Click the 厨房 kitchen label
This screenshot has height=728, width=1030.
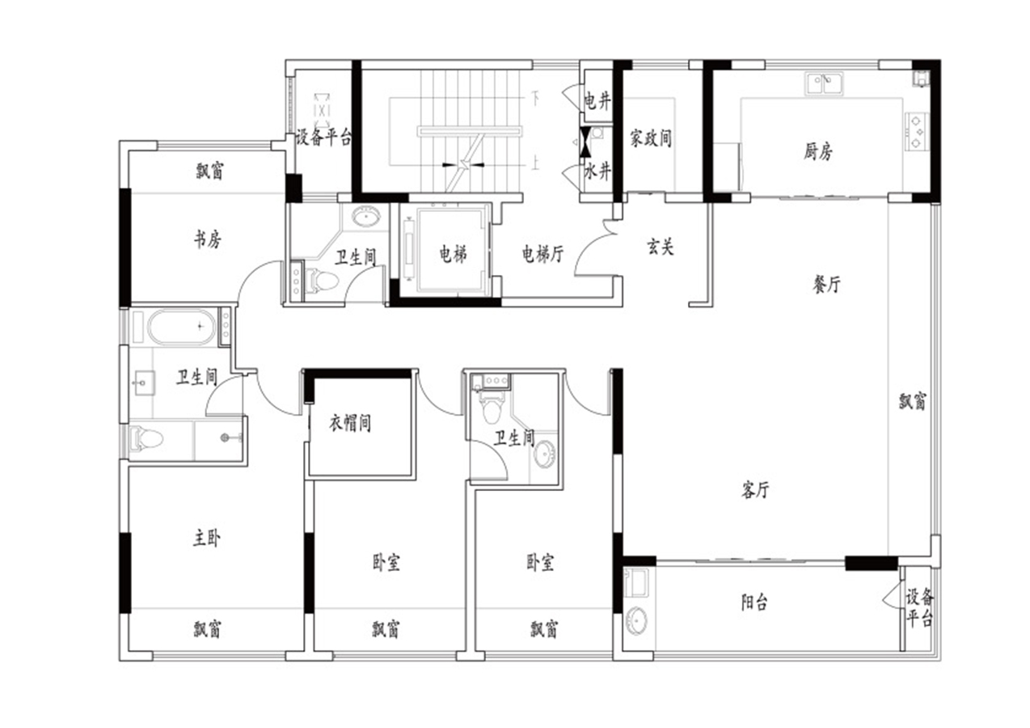tap(818, 151)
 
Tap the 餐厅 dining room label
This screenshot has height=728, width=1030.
tap(826, 284)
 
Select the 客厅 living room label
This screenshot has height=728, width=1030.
tap(755, 489)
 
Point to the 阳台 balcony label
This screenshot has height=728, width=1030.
tap(754, 602)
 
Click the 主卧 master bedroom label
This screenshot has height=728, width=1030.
tap(206, 537)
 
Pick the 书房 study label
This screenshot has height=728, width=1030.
tap(208, 239)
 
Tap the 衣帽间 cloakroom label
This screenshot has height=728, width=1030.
tap(350, 422)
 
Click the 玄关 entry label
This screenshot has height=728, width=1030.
tap(661, 247)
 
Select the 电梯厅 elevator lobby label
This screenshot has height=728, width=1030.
tap(542, 253)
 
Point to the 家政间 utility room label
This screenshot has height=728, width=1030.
tap(651, 138)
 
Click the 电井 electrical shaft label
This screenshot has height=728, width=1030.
tap(597, 101)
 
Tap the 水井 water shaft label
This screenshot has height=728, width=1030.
tap(597, 171)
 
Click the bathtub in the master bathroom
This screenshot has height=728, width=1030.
tap(182, 327)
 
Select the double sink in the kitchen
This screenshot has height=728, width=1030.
tap(824, 84)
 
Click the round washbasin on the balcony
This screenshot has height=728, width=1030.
tap(637, 620)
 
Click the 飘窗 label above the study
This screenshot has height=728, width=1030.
tap(209, 171)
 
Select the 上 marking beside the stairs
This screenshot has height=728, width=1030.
tap(535, 163)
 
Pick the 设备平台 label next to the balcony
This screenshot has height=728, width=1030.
tap(920, 608)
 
